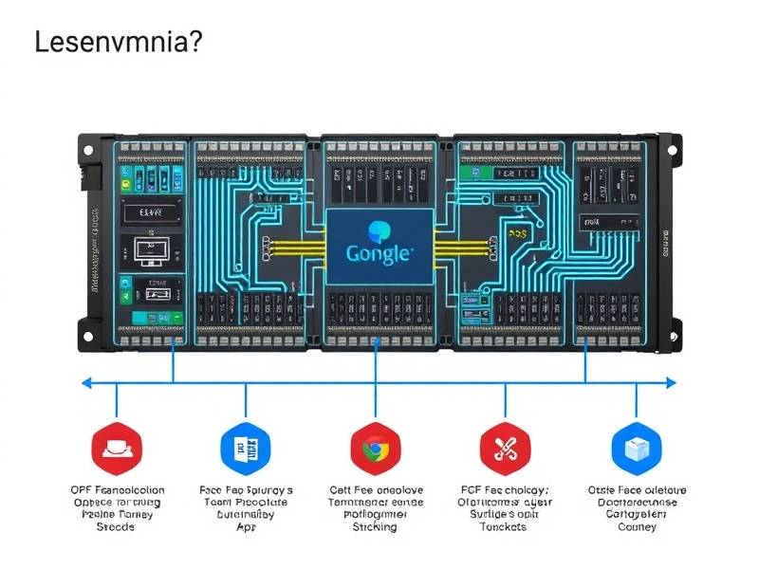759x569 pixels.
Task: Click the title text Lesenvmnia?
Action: tap(117, 43)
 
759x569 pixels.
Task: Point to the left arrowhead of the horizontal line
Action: tap(85, 383)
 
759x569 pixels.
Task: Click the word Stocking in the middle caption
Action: tap(376, 527)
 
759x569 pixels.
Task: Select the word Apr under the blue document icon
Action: tap(246, 527)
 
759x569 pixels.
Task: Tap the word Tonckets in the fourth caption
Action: tap(503, 527)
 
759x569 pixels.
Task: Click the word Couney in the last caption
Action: tap(636, 527)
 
